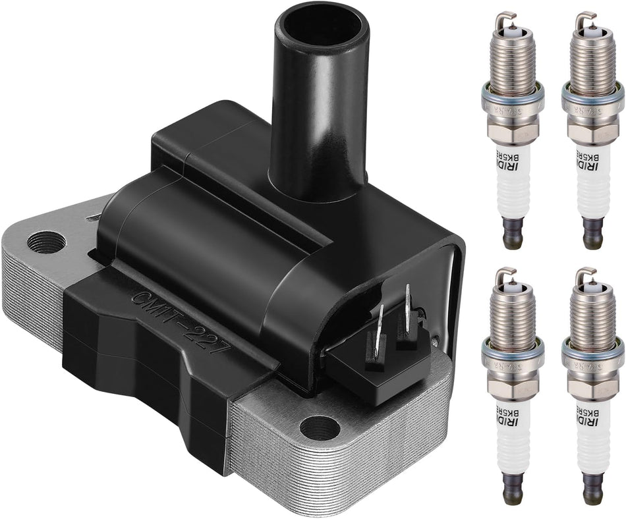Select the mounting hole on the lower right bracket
(320, 428)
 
